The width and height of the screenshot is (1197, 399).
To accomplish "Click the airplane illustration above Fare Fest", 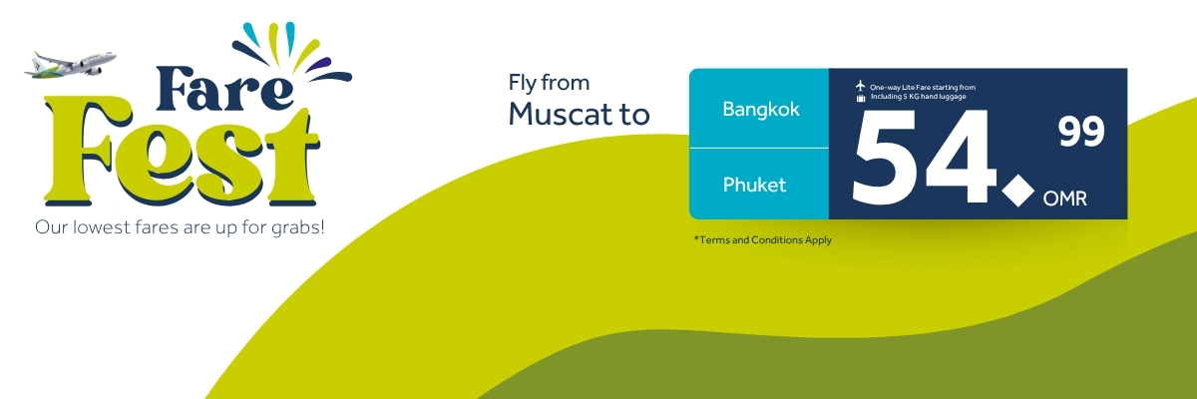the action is coord(70,65).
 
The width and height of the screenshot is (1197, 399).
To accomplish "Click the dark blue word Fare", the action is coord(224,89).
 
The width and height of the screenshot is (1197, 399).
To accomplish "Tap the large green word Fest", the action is coord(182,155).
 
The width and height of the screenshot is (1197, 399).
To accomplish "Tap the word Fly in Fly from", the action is coord(522,84).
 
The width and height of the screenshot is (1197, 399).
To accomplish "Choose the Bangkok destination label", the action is coord(761,109).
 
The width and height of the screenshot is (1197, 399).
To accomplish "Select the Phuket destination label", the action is coord(754,185).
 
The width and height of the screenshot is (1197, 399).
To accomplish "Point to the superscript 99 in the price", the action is coord(1081,132).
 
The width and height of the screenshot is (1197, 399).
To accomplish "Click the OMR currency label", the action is coord(1064,199).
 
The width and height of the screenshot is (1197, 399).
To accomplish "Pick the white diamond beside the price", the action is coord(1017,191).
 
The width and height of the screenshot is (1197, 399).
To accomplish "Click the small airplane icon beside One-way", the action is coord(860,86).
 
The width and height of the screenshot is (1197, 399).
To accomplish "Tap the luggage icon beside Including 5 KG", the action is coord(861,98).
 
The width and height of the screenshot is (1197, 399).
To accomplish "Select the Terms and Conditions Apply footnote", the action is coord(762,239).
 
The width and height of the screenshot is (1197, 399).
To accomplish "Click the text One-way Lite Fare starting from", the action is coord(923,87).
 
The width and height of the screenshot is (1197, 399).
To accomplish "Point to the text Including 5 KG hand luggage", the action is coord(918,97).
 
